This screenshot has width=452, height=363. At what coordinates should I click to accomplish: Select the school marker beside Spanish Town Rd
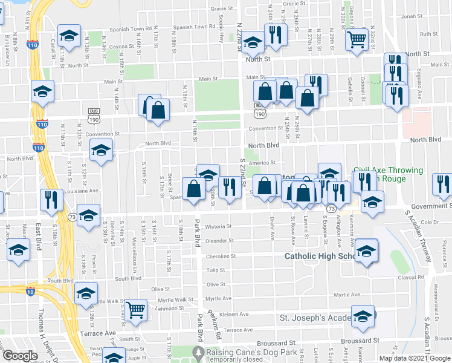point(69,37)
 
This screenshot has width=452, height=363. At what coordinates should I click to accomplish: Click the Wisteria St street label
point(219,226)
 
